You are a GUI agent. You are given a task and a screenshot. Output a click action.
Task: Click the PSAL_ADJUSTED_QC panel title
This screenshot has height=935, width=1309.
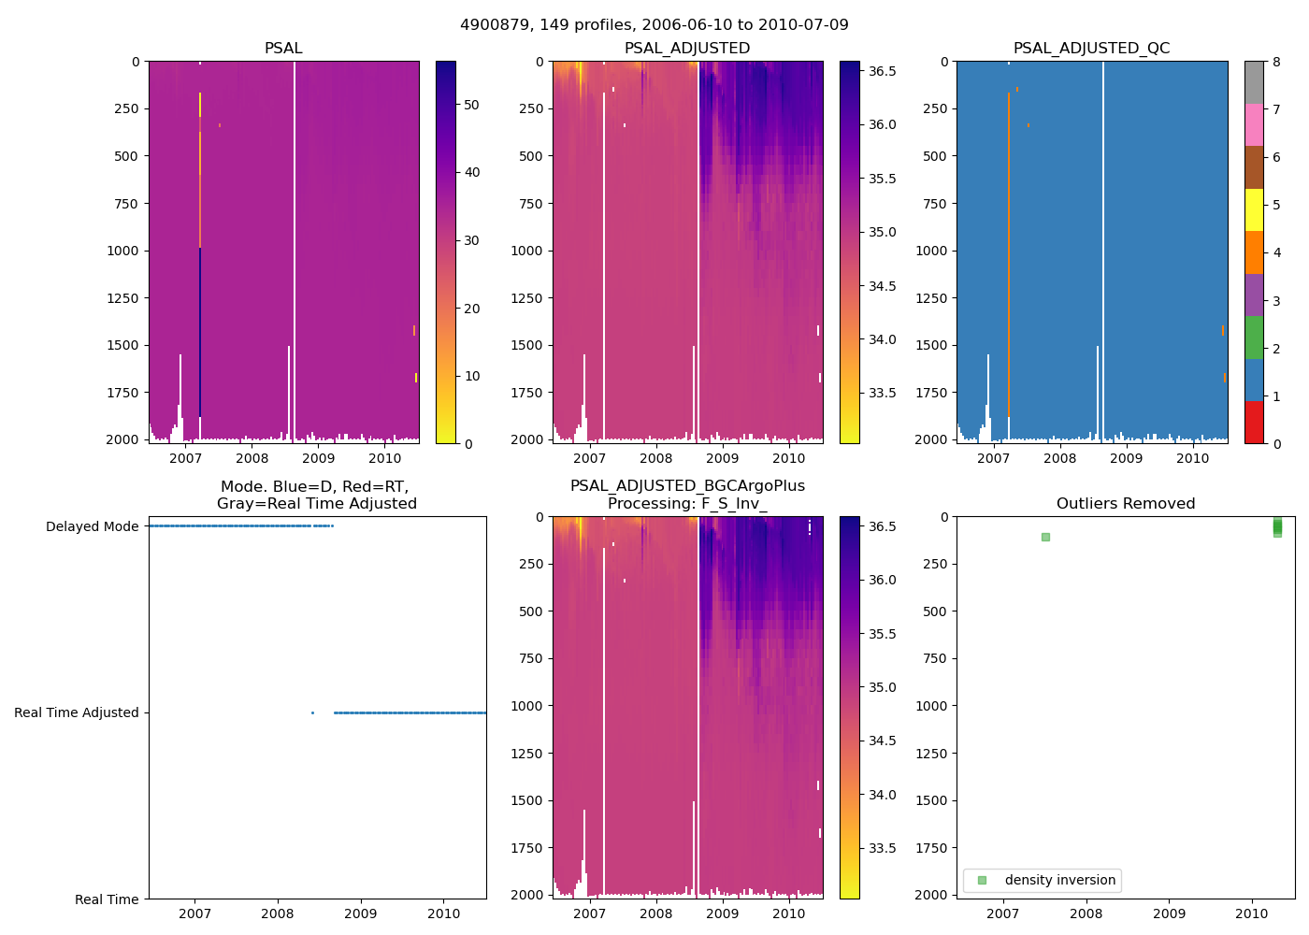(x=1091, y=48)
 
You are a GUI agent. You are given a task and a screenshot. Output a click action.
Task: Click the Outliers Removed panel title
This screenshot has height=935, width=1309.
(x=1126, y=503)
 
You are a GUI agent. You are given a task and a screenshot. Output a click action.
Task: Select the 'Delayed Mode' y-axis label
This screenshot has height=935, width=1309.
(x=93, y=526)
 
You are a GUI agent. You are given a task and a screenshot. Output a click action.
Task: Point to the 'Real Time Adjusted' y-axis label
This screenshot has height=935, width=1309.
(x=77, y=712)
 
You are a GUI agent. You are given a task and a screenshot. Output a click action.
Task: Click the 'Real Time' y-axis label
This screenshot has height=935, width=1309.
(x=107, y=899)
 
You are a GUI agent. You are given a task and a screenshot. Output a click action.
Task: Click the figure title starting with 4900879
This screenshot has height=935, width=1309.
(x=654, y=25)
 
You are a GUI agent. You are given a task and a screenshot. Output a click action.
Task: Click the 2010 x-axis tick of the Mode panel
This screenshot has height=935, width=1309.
(x=444, y=913)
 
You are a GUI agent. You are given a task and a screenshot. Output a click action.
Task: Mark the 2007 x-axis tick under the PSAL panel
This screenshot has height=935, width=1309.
(x=185, y=458)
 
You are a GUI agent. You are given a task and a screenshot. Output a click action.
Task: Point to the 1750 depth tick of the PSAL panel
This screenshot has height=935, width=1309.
(x=125, y=393)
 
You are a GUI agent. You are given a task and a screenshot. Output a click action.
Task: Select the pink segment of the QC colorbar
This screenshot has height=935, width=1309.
(x=1254, y=124)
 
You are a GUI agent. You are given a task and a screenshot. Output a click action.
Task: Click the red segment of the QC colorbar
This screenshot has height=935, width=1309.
(x=1254, y=423)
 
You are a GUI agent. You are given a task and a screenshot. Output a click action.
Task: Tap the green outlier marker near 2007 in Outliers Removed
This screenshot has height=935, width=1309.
(x=1045, y=537)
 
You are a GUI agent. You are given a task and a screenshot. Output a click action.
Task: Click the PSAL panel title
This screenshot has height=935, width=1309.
(x=283, y=48)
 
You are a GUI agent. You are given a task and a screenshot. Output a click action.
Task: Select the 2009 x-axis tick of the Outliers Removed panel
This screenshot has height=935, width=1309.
(x=1169, y=913)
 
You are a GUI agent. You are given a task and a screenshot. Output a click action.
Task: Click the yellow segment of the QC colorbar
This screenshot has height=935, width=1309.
(x=1254, y=209)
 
